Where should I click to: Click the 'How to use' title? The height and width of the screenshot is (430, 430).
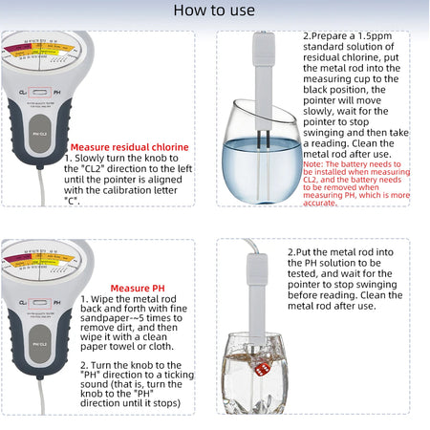click(215, 11)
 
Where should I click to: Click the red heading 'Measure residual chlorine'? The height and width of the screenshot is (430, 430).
click(126, 147)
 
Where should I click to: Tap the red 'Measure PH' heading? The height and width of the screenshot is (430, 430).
click(138, 288)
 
